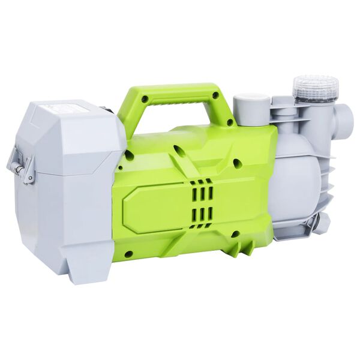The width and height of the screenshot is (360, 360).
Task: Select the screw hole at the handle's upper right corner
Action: click(x=214, y=94)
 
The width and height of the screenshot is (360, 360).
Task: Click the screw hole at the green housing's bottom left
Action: click(x=128, y=254)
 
